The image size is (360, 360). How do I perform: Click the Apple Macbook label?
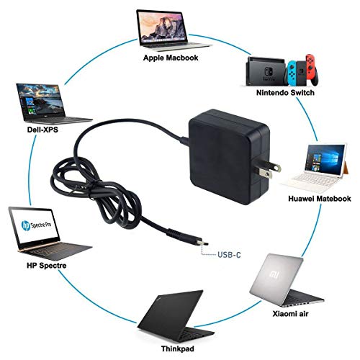tap(171, 58)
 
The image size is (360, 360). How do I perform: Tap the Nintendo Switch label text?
tap(285, 93)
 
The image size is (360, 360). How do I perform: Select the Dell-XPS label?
tap(42, 130)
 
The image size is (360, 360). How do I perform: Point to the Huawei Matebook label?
tap(320, 199)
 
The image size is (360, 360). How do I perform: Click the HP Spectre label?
tap(47, 266)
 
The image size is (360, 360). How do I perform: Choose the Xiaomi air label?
tap(290, 314)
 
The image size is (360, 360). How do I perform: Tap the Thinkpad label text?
tap(178, 348)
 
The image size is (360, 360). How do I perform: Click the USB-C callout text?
tap(229, 255)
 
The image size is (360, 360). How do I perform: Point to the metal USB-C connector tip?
tap(203, 243)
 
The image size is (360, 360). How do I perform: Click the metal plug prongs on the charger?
tap(268, 170)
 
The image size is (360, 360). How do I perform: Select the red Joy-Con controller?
tap(312, 70)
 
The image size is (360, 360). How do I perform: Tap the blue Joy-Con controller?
tap(292, 73)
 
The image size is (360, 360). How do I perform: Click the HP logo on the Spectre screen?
tap(26, 225)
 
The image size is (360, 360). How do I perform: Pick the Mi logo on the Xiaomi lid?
tap(274, 275)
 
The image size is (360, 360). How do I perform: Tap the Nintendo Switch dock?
tap(266, 71)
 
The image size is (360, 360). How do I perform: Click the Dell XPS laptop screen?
tap(40, 102)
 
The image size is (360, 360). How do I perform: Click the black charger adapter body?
tap(228, 157)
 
